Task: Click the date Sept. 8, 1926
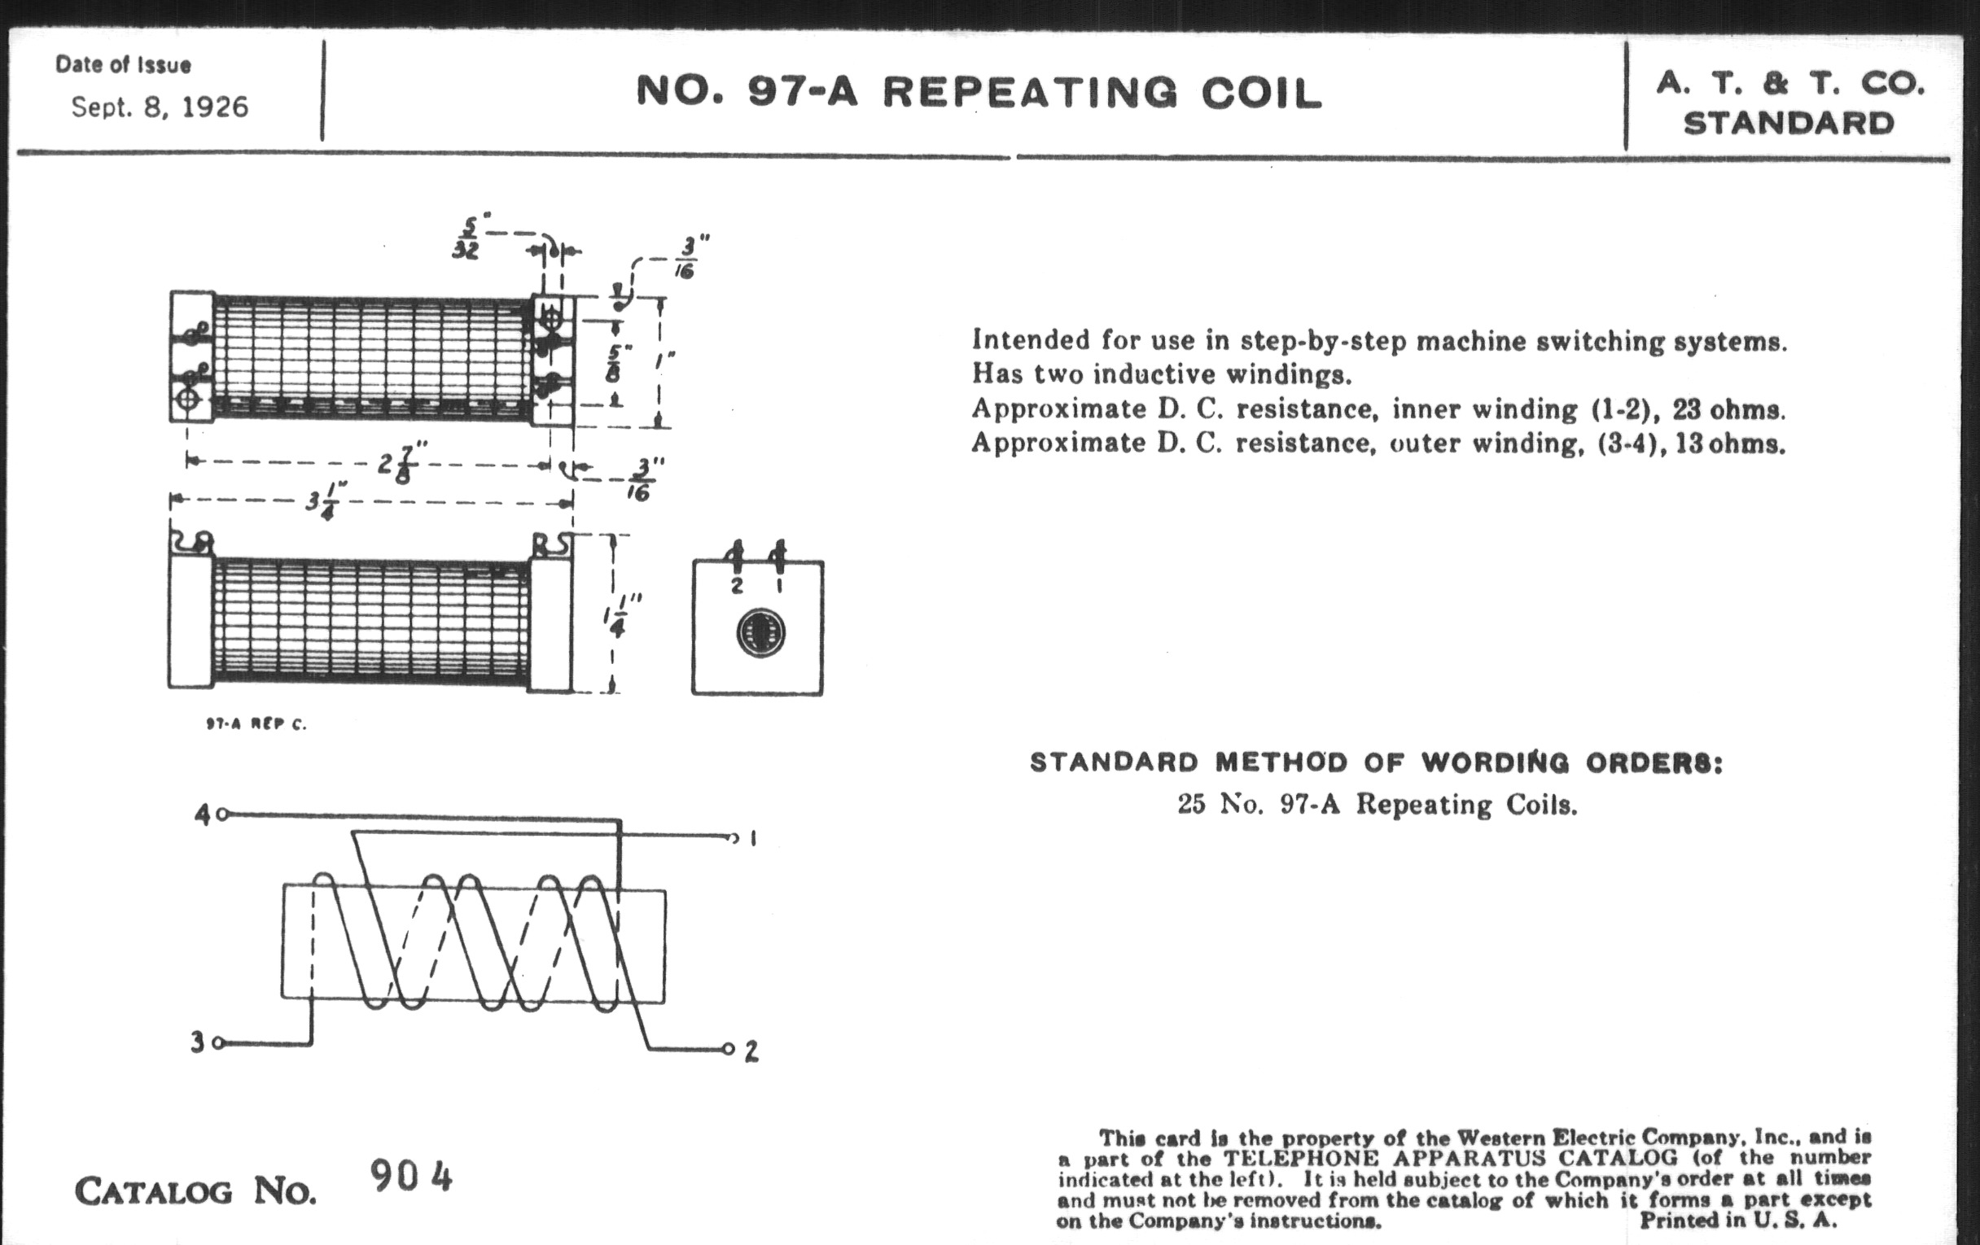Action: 160,107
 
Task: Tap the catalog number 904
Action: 410,1176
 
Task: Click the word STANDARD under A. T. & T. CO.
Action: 1789,124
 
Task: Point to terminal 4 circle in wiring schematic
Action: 222,815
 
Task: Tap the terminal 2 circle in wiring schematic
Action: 728,1049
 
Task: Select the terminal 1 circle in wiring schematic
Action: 732,838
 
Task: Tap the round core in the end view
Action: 760,634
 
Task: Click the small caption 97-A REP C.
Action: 256,724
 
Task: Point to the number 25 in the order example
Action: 1189,803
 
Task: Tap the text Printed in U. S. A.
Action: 1738,1220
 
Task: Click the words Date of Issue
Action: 123,65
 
